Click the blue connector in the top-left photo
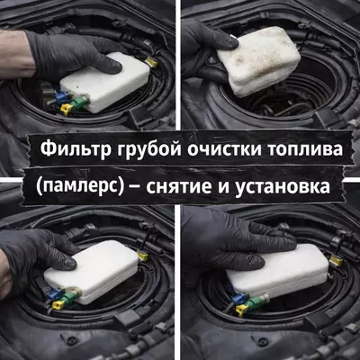click(58, 93)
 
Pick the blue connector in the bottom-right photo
click(238, 298)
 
